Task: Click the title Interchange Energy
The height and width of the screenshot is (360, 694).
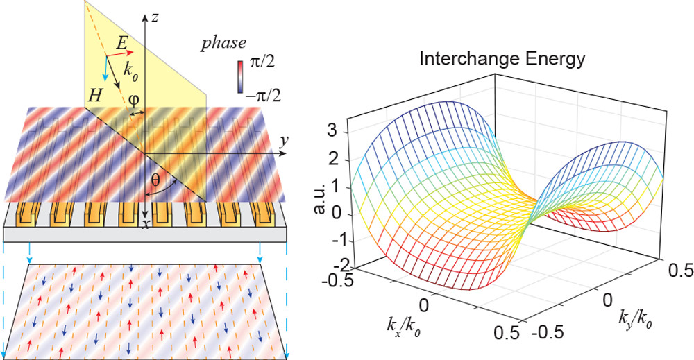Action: point(502,59)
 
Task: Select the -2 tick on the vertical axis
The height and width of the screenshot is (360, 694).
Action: point(341,266)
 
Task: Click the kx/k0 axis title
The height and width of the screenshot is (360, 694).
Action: point(404,327)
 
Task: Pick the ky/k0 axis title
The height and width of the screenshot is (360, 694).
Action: point(635,319)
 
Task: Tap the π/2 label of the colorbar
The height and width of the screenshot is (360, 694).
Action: point(262,61)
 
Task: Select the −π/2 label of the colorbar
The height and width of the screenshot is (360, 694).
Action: point(264,95)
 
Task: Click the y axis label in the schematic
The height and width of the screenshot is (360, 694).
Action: point(284,141)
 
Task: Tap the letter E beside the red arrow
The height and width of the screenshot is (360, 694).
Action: point(122,42)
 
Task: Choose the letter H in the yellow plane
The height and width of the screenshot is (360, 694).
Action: point(94,96)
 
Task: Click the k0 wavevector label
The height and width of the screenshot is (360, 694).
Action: point(130,71)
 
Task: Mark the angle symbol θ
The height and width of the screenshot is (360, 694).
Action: point(155,180)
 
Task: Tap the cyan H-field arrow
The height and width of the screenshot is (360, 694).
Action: point(105,69)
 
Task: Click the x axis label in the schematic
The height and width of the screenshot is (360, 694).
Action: point(144,224)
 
